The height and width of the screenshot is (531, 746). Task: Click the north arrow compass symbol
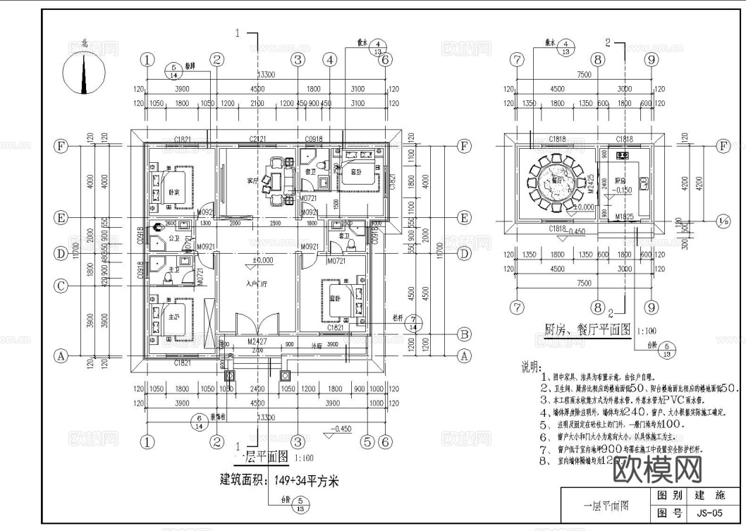[85, 72]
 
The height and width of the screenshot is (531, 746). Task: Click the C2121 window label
[257, 139]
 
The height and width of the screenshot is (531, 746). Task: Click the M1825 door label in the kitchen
[623, 215]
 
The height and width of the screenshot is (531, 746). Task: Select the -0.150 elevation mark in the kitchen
[624, 191]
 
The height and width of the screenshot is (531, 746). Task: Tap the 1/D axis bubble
[723, 219]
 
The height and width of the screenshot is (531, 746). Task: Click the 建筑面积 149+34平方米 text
[279, 482]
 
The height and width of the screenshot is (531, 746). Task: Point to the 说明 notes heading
[530, 368]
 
